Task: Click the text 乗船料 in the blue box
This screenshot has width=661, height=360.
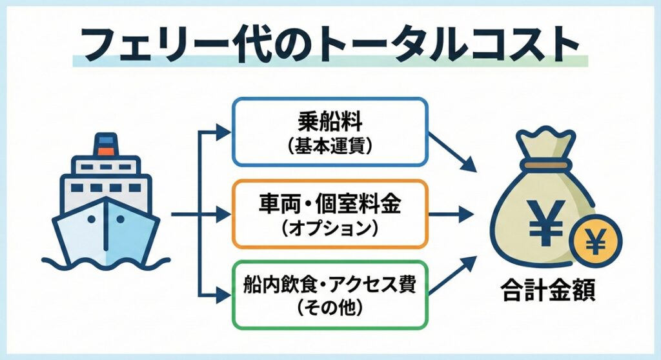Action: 329,123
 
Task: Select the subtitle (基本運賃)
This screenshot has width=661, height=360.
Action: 329,147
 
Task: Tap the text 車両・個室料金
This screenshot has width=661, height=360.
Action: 330,205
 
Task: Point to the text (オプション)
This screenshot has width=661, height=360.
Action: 330,229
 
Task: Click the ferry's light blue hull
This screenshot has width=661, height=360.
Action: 107,229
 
